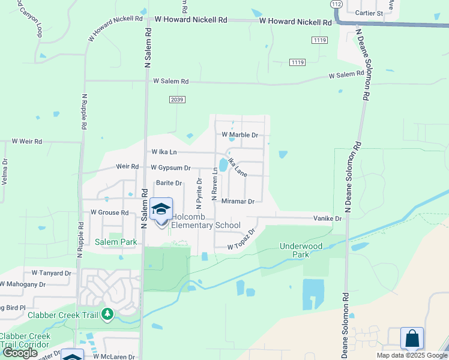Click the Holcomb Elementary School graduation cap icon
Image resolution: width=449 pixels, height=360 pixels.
[x=161, y=209]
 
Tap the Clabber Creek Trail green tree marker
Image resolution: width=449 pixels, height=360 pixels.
[x=107, y=314]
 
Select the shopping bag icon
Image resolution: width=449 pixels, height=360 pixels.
[x=412, y=338]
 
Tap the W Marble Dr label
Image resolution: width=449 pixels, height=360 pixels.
[x=240, y=135]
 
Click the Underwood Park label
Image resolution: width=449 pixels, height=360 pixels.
[x=301, y=250]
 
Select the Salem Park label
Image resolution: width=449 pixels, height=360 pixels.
[x=116, y=242]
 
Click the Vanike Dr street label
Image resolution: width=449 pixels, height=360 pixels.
[x=327, y=219]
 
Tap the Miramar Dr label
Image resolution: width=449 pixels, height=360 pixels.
[x=238, y=201]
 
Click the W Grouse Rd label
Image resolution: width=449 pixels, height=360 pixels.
[x=109, y=212]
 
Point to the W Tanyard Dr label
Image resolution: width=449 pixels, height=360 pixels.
[x=51, y=272]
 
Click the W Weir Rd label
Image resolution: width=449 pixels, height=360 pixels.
[x=27, y=142]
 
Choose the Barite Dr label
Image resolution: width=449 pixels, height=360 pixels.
[x=169, y=182]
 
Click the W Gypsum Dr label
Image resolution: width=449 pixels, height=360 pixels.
[x=170, y=168]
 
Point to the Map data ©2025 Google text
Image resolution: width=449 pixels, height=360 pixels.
[x=411, y=355]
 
